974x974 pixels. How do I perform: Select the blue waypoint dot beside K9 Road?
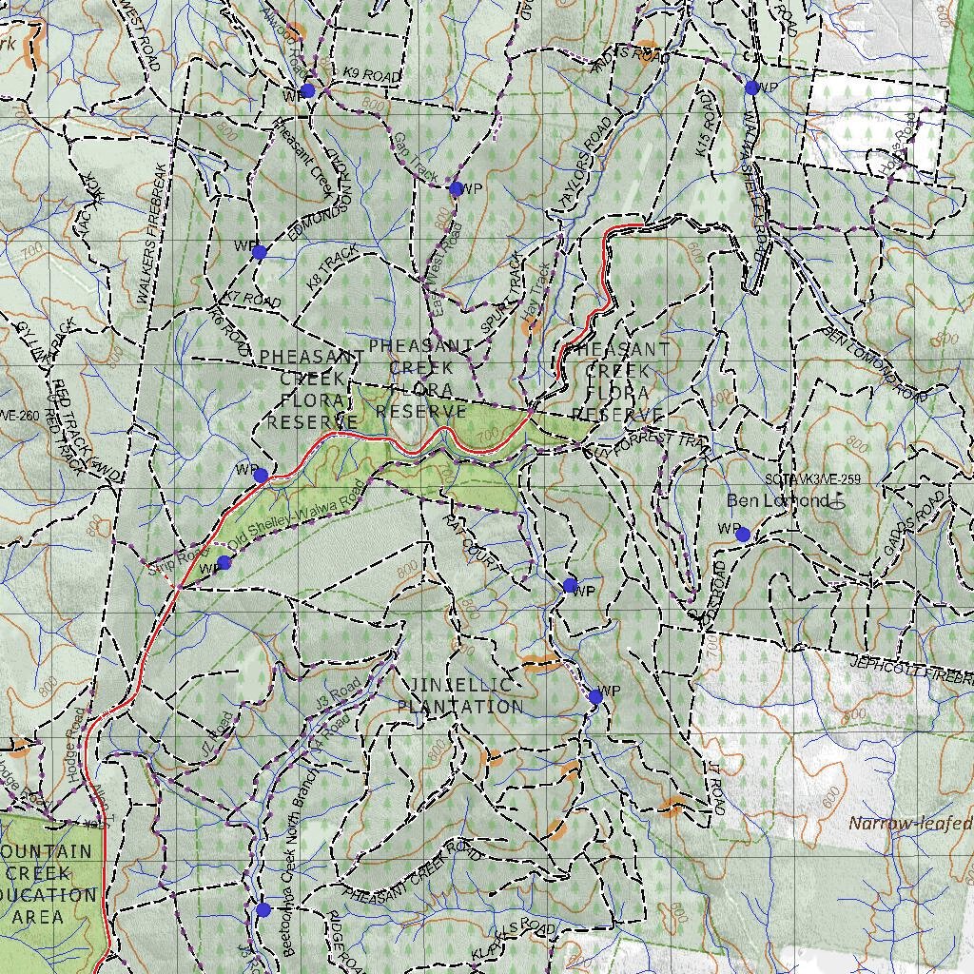[x=307, y=90]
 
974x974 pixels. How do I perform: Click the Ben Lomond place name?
[x=764, y=500]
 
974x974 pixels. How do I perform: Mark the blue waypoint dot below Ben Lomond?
[x=742, y=535]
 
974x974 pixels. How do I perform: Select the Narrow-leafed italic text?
[x=910, y=824]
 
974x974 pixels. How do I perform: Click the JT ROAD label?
[x=715, y=787]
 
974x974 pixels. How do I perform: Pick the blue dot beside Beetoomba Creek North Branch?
[x=263, y=910]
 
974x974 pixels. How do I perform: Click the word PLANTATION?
[x=459, y=707]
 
